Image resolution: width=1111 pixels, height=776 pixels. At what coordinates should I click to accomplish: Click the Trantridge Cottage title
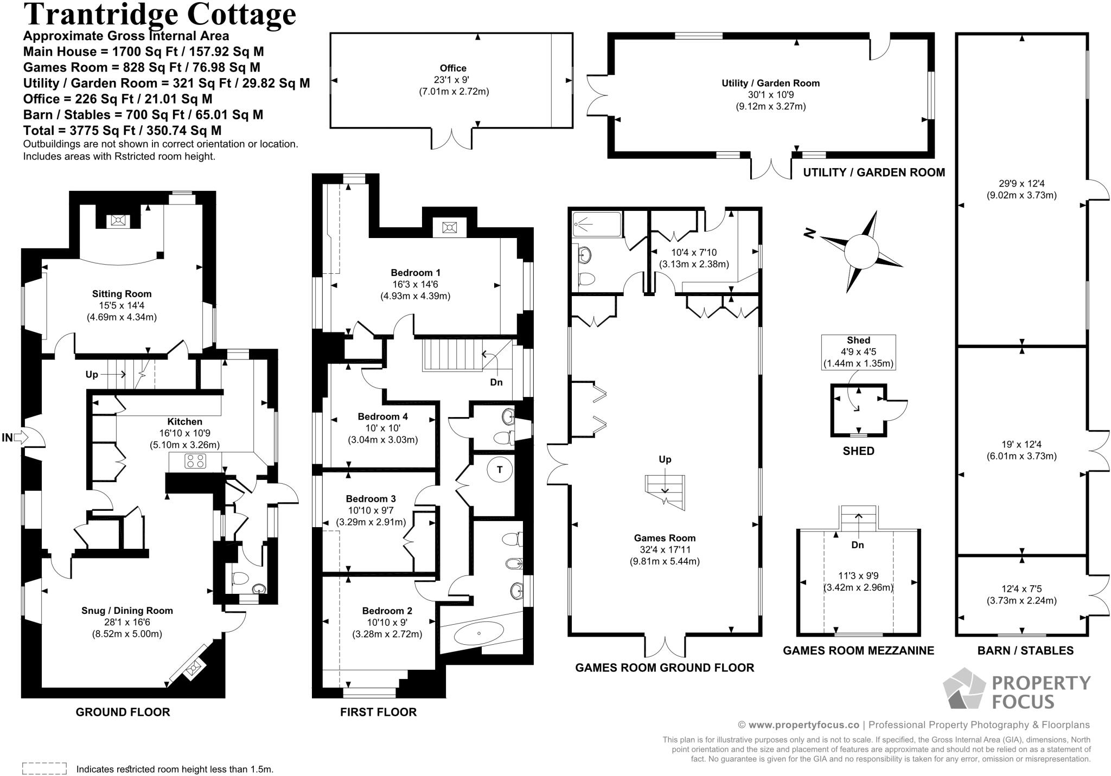159,15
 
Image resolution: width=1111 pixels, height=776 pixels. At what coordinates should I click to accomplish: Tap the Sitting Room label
122,294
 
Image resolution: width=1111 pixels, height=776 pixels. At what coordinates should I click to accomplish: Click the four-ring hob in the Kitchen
195,461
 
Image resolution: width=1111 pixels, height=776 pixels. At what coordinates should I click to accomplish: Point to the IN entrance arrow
21,437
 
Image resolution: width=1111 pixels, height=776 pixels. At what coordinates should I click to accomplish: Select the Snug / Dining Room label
127,611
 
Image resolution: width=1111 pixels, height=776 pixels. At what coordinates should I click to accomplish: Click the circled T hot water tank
500,470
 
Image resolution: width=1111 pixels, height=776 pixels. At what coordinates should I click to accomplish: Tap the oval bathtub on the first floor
478,633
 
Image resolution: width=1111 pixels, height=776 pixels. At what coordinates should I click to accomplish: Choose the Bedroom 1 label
416,273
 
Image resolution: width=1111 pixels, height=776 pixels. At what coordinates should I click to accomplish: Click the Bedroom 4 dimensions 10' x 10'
382,428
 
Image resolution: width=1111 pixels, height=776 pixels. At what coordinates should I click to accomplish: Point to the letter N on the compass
810,233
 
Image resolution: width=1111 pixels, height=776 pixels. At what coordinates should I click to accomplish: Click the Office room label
453,68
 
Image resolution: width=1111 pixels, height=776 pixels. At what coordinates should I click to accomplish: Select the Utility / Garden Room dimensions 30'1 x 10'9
771,95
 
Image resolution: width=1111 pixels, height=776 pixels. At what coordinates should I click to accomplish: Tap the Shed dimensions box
858,352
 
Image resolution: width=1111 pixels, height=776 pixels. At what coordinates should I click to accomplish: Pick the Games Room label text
665,538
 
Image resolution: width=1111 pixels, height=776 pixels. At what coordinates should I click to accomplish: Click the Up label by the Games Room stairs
665,459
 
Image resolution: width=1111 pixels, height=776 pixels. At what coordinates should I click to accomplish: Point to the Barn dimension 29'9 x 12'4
1021,183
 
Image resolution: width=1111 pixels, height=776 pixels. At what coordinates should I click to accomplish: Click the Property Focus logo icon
964,688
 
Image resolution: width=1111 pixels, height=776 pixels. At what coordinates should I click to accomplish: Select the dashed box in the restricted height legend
44,768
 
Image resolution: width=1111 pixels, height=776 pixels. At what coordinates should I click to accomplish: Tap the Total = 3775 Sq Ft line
122,131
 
